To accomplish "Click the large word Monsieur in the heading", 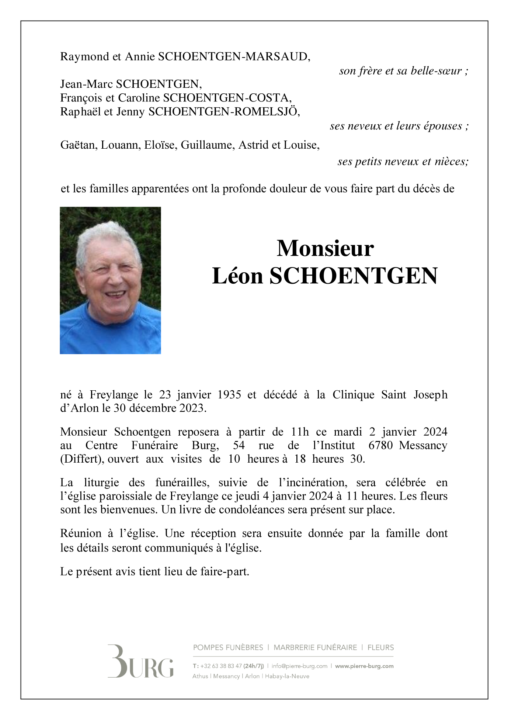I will [x=325, y=248].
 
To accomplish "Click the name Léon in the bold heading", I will [x=237, y=276].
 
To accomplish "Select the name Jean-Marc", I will [x=86, y=84].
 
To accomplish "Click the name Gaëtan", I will [x=79, y=145].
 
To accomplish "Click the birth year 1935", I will [x=229, y=395].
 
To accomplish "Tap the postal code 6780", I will [x=380, y=445].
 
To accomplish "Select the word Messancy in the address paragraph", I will [x=423, y=445].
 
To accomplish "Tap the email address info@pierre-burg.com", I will [x=299, y=666].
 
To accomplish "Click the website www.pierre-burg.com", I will [x=364, y=666].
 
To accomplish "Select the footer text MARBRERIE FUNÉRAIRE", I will [x=315, y=647].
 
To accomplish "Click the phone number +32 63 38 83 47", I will [x=221, y=666].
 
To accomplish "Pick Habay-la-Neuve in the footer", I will [x=287, y=676].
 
